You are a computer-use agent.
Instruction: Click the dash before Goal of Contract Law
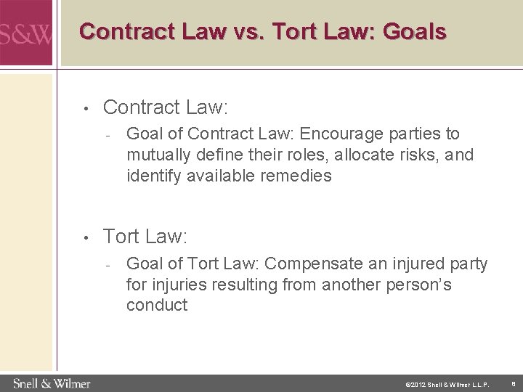(106, 135)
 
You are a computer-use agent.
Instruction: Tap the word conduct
(156, 305)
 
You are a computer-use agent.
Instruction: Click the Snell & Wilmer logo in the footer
(51, 382)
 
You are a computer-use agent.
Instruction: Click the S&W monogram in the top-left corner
(25, 33)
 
